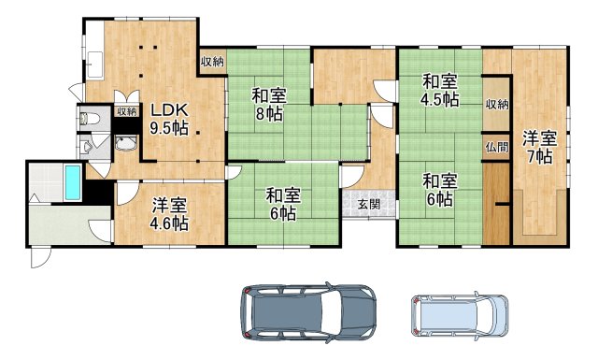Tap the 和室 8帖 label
[269, 105]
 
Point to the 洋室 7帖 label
[539, 148]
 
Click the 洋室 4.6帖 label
[169, 214]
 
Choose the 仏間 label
[497, 147]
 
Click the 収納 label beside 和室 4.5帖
[497, 104]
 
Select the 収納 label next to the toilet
[126, 111]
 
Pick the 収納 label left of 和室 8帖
[212, 62]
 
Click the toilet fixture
[91, 119]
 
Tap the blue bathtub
[71, 181]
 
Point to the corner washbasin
[127, 144]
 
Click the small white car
[459, 316]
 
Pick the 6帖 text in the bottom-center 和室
[281, 214]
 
